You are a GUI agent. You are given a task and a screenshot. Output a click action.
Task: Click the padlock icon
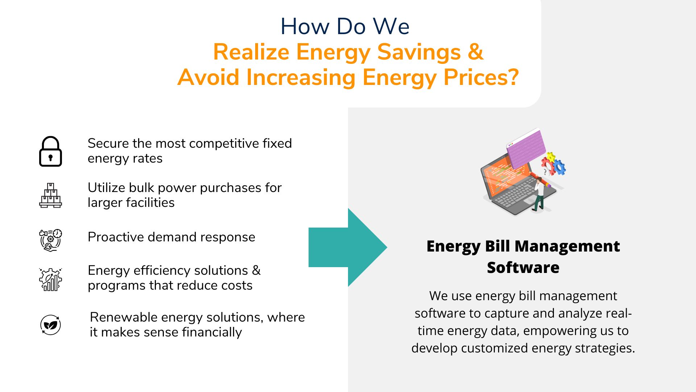point(50,151)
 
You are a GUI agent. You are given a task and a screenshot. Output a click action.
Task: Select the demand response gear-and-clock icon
point(50,240)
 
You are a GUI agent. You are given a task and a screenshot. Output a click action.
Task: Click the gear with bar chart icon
point(50,279)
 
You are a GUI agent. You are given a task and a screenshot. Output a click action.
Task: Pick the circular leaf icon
point(50,325)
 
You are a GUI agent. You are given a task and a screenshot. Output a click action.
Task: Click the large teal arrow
point(348,248)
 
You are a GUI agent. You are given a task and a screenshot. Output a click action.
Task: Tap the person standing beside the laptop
point(539,194)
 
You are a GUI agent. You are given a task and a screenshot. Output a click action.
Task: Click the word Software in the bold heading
point(523,268)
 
